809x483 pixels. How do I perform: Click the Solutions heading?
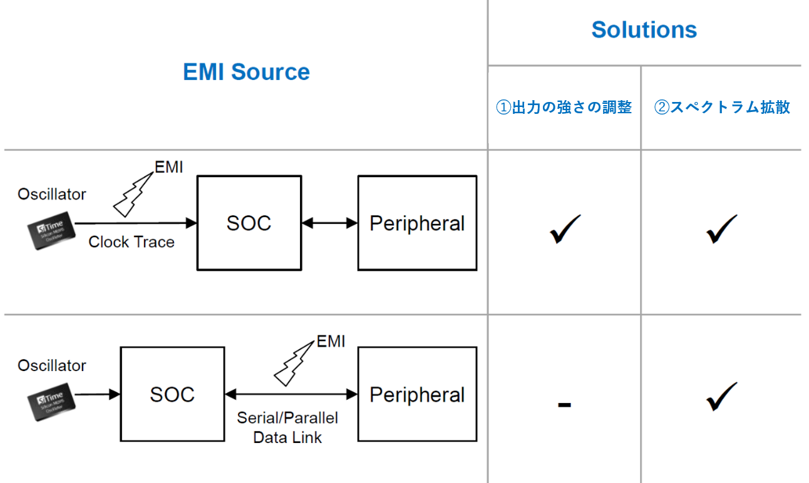tap(644, 30)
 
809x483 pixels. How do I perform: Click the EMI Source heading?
tap(246, 72)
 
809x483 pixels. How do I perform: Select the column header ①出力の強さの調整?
tap(564, 108)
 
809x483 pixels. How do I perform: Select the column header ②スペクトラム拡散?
tap(722, 108)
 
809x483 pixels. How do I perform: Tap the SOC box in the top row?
tap(249, 223)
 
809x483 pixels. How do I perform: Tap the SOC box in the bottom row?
tap(172, 394)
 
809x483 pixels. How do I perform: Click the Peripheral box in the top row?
tap(417, 223)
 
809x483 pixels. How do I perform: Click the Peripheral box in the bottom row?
tap(417, 394)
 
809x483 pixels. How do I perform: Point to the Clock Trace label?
tap(131, 242)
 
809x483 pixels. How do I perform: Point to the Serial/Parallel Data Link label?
tap(287, 427)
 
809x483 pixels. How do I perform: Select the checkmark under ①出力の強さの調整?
tap(565, 229)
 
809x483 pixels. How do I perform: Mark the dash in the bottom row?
tap(564, 405)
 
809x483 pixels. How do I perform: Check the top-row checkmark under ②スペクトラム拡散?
tap(721, 229)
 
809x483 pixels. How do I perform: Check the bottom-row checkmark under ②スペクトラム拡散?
tap(721, 397)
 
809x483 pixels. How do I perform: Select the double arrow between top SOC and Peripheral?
tap(329, 222)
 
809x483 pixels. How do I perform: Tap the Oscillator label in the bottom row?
tap(52, 365)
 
